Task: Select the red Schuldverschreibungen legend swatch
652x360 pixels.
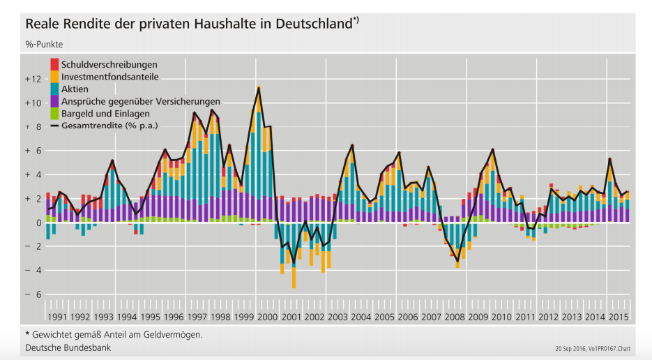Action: tap(54, 64)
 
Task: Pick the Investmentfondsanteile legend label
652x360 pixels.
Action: tap(109, 77)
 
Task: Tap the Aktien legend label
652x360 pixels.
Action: tap(75, 89)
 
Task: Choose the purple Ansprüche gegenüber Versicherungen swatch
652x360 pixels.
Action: tap(54, 102)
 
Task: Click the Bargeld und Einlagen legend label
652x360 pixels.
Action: tap(105, 114)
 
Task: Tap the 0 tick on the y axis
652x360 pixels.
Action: tap(38, 223)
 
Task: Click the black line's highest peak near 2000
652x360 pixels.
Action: tap(259, 87)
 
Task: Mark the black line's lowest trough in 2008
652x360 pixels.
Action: tap(457, 261)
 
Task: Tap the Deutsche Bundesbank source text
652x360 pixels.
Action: tap(68, 347)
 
